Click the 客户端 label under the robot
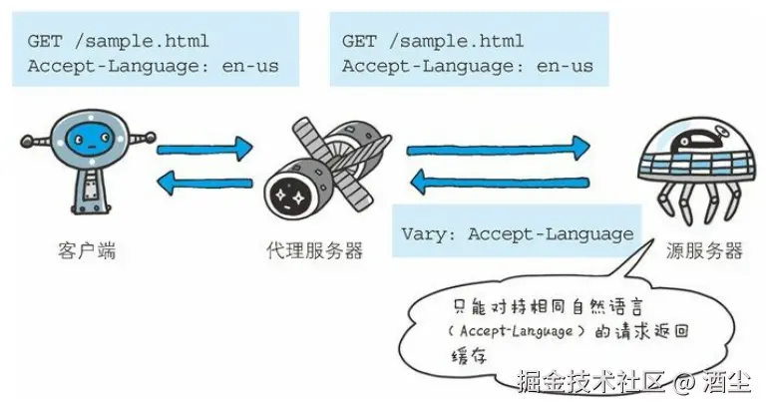(x=87, y=250)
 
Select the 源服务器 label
(x=704, y=250)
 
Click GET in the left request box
(x=46, y=41)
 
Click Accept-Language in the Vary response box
(x=551, y=234)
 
